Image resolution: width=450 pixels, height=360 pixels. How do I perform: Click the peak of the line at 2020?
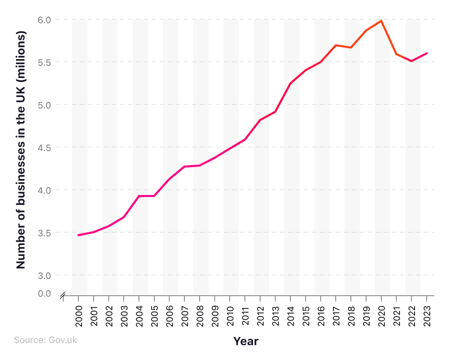(381, 21)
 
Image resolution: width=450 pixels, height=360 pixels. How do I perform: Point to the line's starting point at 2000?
(79, 235)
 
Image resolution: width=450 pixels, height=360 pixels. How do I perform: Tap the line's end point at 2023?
(426, 53)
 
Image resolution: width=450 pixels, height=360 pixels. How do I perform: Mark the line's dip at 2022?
(411, 61)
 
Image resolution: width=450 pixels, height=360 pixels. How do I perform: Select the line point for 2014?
(290, 83)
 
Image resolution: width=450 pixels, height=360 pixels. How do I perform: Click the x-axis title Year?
(245, 341)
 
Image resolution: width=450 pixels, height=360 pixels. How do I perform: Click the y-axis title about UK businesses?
(20, 150)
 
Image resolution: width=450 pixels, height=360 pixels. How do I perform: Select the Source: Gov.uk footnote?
(45, 340)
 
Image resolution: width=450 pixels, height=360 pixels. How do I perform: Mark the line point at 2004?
(139, 196)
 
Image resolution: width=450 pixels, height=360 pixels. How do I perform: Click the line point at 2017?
(336, 45)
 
